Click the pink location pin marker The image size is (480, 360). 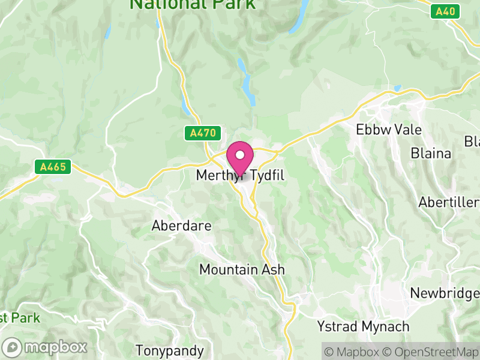point(241,158)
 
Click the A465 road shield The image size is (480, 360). point(53,167)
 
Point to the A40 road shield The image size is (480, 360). point(445,11)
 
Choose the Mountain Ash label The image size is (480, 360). point(242,269)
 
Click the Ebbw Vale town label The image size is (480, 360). point(389,130)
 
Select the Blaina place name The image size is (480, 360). point(431,153)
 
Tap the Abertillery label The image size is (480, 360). point(449,202)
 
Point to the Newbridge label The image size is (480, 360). point(445,293)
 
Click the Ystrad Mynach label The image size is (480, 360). point(363,327)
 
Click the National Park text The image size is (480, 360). point(193,5)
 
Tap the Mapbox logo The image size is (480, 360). point(46,347)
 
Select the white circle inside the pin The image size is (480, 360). point(241,154)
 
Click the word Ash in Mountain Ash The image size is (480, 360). point(273,269)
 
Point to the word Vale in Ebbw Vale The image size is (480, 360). point(407,130)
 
